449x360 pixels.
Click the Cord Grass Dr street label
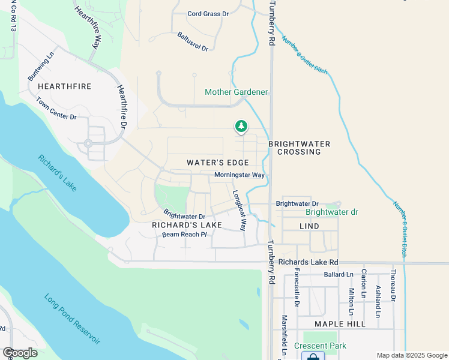pyautogui.click(x=208, y=13)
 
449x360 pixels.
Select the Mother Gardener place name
pyautogui.click(x=236, y=92)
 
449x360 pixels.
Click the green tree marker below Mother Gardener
pyautogui.click(x=241, y=126)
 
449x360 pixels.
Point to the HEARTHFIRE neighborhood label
pyautogui.click(x=64, y=86)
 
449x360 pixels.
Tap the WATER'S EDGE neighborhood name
pyautogui.click(x=217, y=163)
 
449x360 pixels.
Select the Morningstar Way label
pyautogui.click(x=240, y=175)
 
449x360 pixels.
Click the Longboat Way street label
pyautogui.click(x=240, y=211)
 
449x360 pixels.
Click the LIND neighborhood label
pyautogui.click(x=309, y=226)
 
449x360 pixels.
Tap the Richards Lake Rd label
pyautogui.click(x=309, y=262)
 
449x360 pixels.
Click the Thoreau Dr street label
pyautogui.click(x=394, y=286)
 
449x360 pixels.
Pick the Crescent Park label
pyautogui.click(x=321, y=346)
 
